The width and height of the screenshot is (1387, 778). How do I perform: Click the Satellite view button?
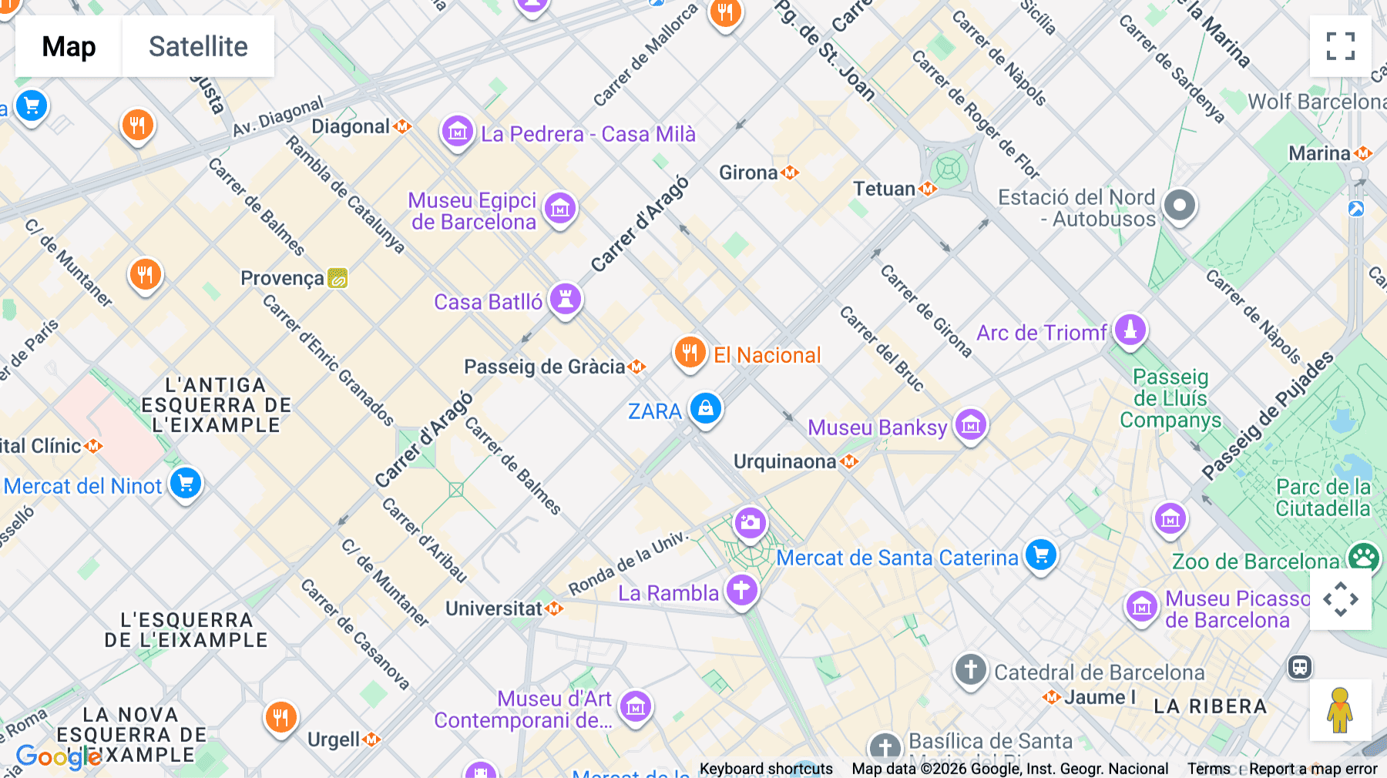tap(198, 46)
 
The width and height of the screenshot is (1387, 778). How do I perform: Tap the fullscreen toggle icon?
tap(1340, 46)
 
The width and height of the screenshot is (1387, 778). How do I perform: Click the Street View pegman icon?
tap(1340, 710)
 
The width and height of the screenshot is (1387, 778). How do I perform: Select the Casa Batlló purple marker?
tap(566, 299)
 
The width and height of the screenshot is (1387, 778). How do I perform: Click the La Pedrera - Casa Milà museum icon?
tap(458, 132)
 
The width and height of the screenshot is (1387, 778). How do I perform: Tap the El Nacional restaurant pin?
tap(690, 353)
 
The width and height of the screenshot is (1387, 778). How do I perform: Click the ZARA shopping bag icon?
tap(705, 409)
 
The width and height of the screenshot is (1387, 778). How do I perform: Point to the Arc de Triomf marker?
tap(1130, 330)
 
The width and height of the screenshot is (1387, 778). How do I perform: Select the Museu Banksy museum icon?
tap(970, 424)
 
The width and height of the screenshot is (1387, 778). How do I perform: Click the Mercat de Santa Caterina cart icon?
tap(1041, 555)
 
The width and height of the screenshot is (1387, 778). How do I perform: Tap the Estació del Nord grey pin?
tap(1179, 206)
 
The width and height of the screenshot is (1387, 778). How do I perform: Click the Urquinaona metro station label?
tap(784, 461)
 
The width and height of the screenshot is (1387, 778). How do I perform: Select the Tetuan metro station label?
tap(884, 189)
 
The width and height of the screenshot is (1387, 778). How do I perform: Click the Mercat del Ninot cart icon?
tap(186, 484)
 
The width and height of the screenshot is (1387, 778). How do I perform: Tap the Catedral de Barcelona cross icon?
tap(970, 669)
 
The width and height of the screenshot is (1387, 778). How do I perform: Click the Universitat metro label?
tap(494, 609)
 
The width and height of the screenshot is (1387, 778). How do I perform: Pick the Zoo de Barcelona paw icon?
tap(1362, 557)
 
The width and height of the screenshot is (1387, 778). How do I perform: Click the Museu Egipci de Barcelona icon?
tap(560, 208)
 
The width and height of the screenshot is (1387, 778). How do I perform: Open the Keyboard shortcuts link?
tap(766, 768)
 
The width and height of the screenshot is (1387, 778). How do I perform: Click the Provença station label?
tap(282, 278)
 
